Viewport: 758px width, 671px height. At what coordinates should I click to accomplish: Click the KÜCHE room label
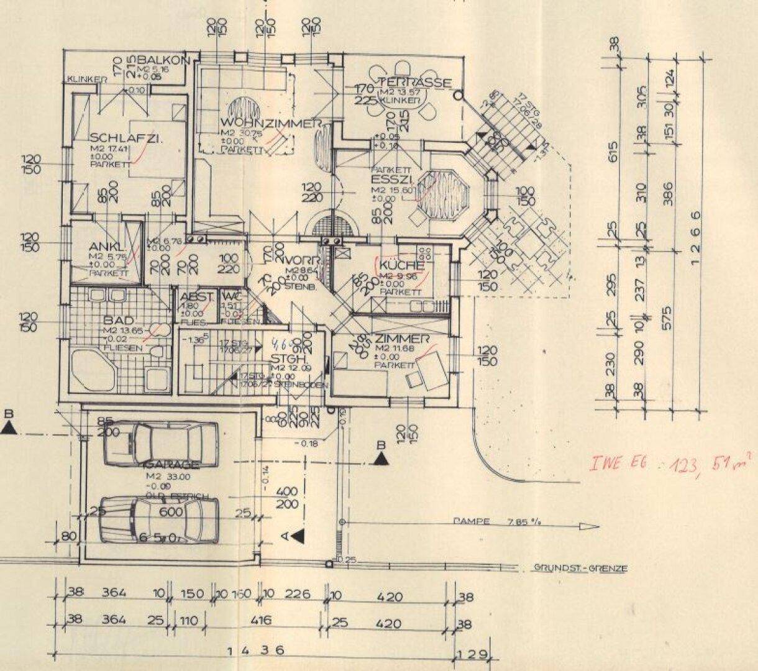click(401, 265)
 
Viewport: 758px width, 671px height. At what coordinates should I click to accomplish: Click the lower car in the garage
click(159, 519)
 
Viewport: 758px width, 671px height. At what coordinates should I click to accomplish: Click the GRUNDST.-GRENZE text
click(580, 568)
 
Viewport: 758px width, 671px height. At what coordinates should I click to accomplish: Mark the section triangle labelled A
click(299, 534)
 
